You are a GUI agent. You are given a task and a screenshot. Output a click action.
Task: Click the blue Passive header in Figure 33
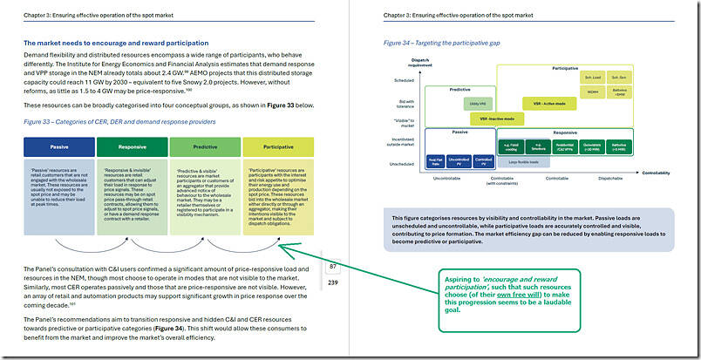[x=59, y=148]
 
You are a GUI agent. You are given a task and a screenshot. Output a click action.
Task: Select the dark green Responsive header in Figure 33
[x=132, y=148]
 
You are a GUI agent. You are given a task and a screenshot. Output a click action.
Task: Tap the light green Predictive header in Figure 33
[x=204, y=148]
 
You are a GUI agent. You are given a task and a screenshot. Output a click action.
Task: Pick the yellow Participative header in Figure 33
[x=277, y=148]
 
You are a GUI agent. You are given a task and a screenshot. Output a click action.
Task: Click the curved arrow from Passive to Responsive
[x=96, y=241]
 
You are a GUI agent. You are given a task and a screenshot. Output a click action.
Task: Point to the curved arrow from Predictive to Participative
[x=241, y=241]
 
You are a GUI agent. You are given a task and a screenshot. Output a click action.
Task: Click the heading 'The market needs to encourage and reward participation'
[x=140, y=43]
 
